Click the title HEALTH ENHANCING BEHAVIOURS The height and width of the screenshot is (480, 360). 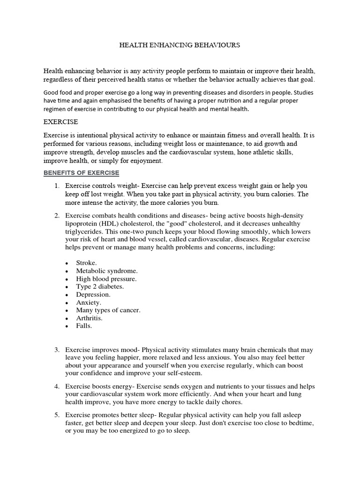[x=180, y=45]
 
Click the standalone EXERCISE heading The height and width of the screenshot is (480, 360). [x=60, y=121]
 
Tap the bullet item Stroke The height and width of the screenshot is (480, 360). [x=86, y=262]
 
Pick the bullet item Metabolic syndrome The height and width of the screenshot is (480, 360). [x=107, y=270]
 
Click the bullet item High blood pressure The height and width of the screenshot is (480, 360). [x=106, y=278]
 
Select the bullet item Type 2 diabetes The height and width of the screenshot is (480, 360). [x=100, y=286]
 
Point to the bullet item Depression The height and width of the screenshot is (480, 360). [x=93, y=294]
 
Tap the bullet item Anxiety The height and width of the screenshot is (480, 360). [x=89, y=302]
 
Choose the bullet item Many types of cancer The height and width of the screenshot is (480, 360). [x=108, y=310]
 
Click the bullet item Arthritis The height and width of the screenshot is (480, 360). [x=90, y=318]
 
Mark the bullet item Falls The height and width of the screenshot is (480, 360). [x=84, y=326]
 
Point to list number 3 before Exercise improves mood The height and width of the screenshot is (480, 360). [x=56, y=350]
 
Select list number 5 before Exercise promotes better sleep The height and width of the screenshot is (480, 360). [x=56, y=415]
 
